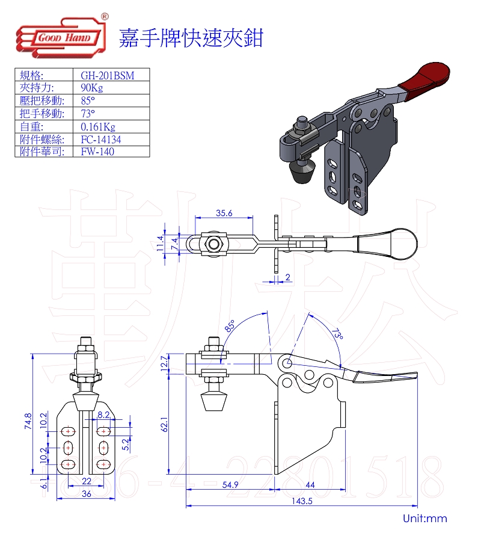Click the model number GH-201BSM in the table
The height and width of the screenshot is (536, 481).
(x=107, y=76)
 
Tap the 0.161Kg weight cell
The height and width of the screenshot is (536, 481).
(x=97, y=126)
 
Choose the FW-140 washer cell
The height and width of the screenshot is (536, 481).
(x=97, y=152)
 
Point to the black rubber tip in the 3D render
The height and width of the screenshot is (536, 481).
(x=302, y=174)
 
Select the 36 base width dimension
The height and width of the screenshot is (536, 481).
(x=87, y=494)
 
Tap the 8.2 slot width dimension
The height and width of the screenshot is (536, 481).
(x=103, y=415)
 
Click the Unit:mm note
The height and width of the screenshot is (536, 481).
(x=425, y=519)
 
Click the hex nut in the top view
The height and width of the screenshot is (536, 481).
(x=213, y=244)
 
